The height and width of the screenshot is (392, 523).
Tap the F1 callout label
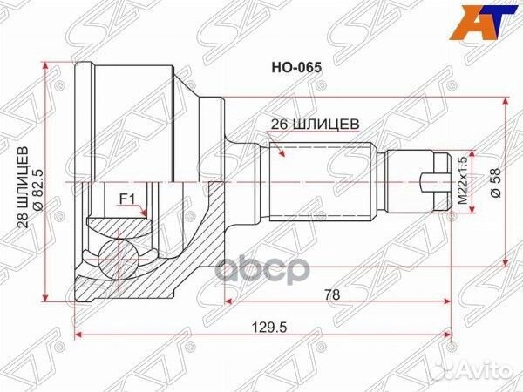(126, 198)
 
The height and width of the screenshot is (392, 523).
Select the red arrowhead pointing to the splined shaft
(282, 154)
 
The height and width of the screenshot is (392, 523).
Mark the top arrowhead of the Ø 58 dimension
(506, 100)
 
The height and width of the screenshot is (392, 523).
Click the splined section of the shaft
(318, 182)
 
